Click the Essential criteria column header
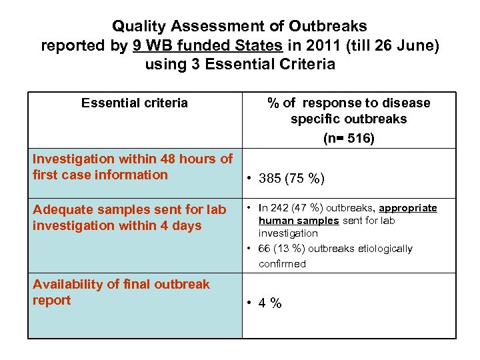tap(134, 103)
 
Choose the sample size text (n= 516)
tap(349, 139)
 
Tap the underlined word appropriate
tap(408, 208)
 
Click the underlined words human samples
tap(299, 221)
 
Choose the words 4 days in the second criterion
tap(178, 226)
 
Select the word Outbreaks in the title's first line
tap(327, 27)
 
